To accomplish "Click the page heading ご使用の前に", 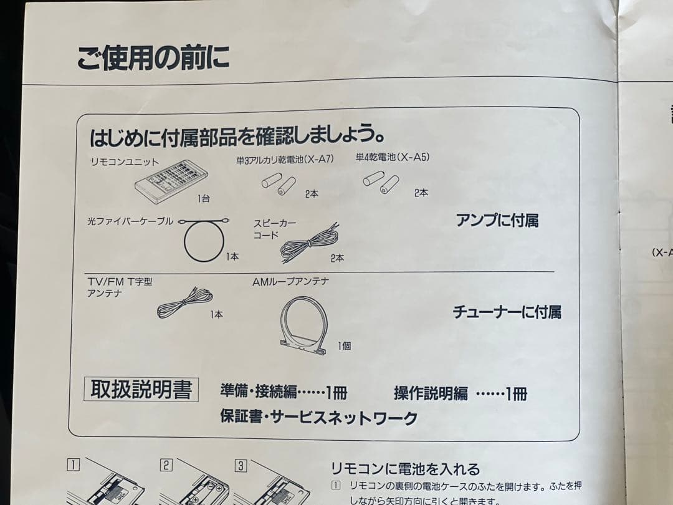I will point(153,58).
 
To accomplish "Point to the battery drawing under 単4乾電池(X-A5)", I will point(381,181).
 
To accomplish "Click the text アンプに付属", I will point(497,220).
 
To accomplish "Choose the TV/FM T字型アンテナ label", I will point(119,287).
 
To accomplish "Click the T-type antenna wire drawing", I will point(185,303).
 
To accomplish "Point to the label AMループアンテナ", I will point(290,282).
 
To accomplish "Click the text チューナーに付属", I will point(506,312).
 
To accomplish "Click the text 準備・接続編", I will point(259,392).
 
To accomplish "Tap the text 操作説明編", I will point(431,393).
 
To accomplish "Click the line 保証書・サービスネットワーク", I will point(318,418).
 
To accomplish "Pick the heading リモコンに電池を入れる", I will point(405,469).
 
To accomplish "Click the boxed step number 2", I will point(166,464).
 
